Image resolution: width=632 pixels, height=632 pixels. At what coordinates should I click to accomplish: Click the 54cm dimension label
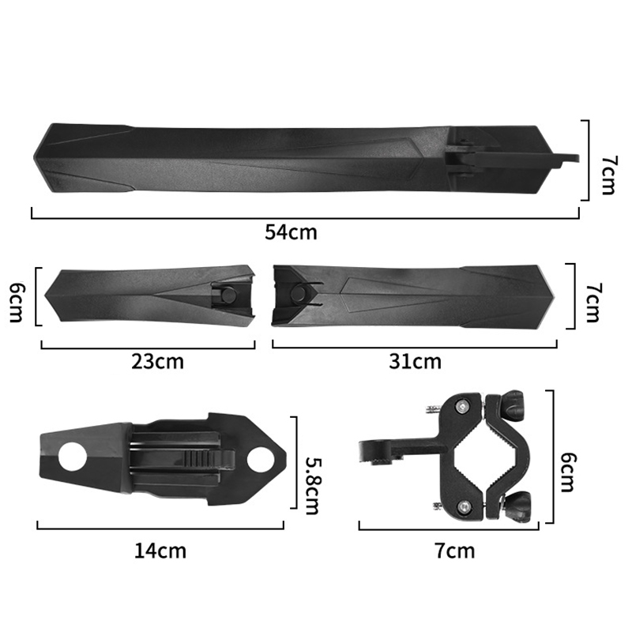(x=291, y=232)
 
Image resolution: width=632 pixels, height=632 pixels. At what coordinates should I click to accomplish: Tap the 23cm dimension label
(x=157, y=362)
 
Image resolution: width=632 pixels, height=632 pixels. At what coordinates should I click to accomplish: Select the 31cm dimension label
(x=415, y=362)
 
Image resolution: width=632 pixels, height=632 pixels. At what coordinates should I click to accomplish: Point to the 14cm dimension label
(x=160, y=551)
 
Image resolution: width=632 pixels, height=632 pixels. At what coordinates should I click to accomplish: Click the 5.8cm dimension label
(x=312, y=485)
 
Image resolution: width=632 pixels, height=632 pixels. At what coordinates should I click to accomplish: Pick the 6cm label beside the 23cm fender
(x=17, y=303)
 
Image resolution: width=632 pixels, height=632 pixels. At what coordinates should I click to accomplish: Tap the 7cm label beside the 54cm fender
(x=608, y=175)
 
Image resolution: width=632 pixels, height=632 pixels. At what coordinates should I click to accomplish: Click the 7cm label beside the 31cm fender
(x=592, y=303)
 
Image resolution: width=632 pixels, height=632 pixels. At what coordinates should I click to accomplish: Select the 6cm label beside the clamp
(x=568, y=472)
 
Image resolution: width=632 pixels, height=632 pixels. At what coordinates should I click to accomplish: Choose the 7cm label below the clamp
(x=455, y=551)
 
